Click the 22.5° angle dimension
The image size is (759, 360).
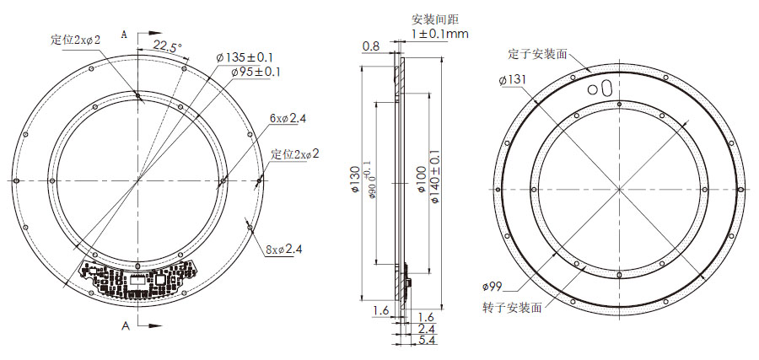tap(167, 47)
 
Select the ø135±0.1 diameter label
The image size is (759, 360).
tap(245, 56)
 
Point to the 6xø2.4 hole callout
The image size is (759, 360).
tap(288, 118)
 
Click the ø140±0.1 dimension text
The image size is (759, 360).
tap(435, 180)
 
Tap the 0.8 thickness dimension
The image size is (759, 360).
tap(370, 46)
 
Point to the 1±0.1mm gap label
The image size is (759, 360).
tap(439, 34)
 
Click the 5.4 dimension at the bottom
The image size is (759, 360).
tap(428, 340)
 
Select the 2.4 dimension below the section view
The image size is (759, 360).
tap(428, 328)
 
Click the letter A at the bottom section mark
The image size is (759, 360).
tap(126, 325)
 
